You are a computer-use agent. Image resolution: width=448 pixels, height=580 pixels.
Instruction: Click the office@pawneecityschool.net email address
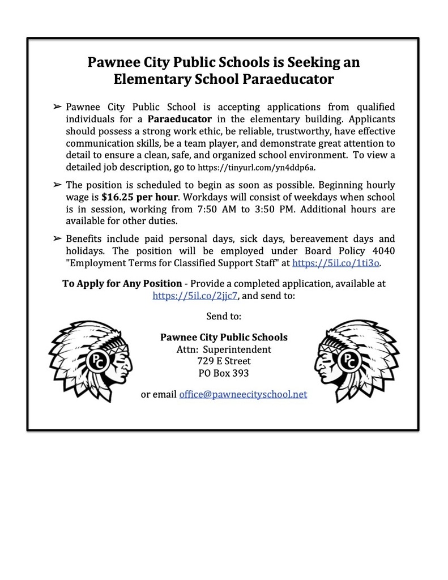click(243, 394)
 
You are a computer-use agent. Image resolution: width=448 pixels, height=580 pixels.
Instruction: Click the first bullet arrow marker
click(57, 106)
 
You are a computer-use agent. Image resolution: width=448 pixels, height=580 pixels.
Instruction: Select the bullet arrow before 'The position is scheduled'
click(57, 185)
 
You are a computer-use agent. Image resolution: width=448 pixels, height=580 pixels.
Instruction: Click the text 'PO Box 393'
click(224, 373)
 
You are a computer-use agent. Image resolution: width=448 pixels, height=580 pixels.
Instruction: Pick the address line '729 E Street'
click(224, 361)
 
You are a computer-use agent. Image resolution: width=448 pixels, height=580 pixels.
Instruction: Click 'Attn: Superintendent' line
click(224, 349)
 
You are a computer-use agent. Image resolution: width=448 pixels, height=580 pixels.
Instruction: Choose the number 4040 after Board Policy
click(383, 251)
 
